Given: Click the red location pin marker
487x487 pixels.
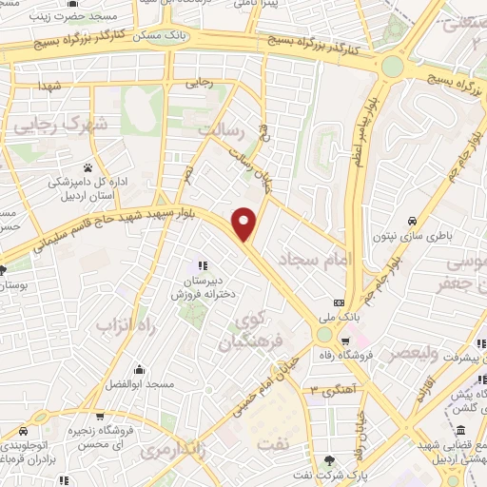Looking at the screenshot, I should (x=245, y=224).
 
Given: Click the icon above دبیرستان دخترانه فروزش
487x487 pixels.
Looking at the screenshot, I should (x=201, y=264).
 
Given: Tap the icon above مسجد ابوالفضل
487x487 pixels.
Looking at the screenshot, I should (x=139, y=370).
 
